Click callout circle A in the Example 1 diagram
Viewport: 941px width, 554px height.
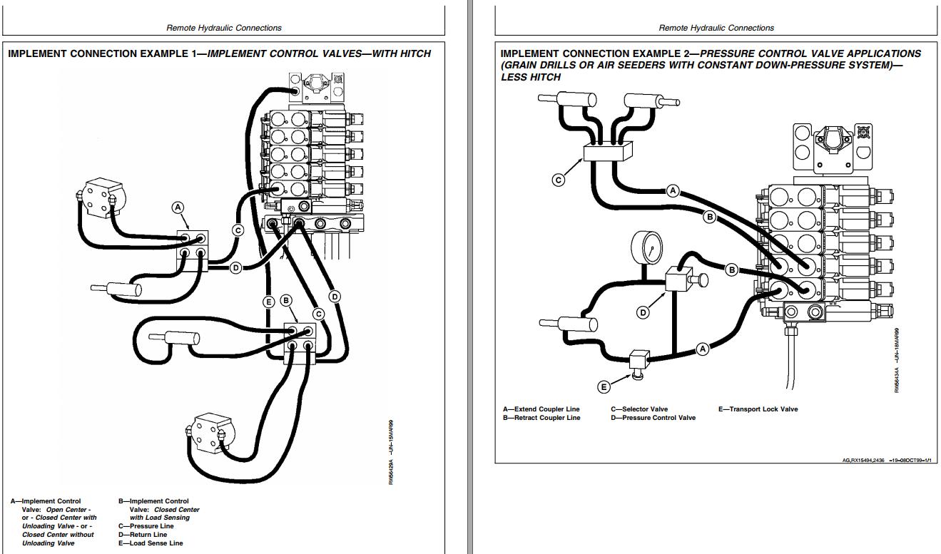coord(178,207)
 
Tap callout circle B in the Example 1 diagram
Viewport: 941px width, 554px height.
coord(286,301)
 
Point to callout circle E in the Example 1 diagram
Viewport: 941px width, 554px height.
coord(269,302)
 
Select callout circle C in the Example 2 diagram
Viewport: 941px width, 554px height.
coord(559,180)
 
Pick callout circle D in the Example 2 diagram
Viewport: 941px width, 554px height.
coord(643,312)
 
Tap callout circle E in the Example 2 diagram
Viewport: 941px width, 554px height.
coord(604,386)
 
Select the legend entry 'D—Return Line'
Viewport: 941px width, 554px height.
coord(143,535)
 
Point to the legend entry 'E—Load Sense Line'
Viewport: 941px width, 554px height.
coord(151,543)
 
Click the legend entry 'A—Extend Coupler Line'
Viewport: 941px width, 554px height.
coord(541,409)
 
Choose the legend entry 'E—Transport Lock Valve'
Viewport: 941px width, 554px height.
coord(758,409)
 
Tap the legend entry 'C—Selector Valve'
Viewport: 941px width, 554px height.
coord(639,409)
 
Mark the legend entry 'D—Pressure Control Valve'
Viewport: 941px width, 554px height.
coord(653,418)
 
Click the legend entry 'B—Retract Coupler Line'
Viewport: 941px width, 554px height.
coord(541,418)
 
